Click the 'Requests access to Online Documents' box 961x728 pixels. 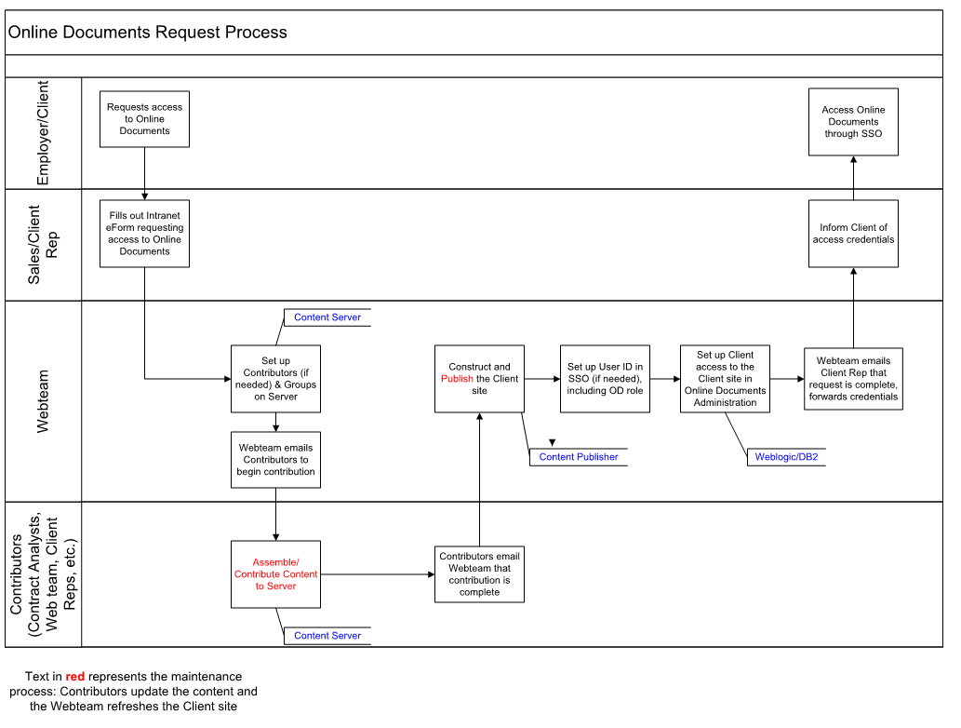coord(144,119)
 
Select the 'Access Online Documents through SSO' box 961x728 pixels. coord(853,121)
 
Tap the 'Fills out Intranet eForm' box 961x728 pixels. coord(144,234)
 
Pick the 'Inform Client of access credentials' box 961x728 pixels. coord(853,234)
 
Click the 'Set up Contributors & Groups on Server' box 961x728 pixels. coord(275,379)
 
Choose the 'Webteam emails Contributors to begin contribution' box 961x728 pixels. coord(275,460)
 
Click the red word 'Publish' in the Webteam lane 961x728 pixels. coord(457,379)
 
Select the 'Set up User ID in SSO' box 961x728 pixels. coord(605,379)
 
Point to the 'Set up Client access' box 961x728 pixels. coord(725,379)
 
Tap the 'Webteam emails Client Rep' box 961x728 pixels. coord(853,379)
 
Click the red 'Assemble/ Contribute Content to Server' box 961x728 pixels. coord(275,574)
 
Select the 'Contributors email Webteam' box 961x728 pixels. coord(479,574)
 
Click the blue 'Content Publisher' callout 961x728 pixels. coord(579,457)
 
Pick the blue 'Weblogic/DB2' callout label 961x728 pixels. coord(786,457)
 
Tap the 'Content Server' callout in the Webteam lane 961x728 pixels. coord(327,317)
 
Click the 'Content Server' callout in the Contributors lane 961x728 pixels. coord(327,636)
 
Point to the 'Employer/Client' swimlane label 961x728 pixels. coord(42,132)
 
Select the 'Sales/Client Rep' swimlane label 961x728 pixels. coord(42,245)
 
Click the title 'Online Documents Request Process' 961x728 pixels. coord(148,32)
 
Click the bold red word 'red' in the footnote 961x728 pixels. coord(74,677)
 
